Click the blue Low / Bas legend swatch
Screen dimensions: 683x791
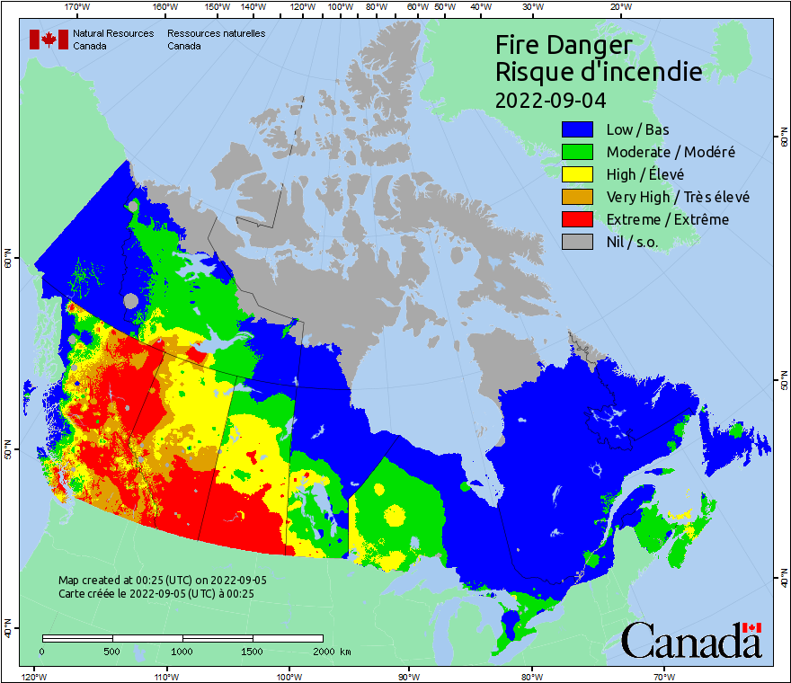click(579, 129)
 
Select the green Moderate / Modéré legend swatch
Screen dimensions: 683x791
click(579, 152)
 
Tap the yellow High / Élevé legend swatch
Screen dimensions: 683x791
click(579, 174)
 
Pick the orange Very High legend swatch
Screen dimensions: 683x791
click(579, 197)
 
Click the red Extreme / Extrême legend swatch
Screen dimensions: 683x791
click(579, 219)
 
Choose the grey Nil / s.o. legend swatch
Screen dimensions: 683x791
click(579, 242)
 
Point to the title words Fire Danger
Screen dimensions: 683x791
click(564, 45)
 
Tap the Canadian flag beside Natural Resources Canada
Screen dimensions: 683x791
click(49, 40)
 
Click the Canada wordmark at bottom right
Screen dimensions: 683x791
click(691, 641)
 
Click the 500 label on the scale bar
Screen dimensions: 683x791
click(112, 651)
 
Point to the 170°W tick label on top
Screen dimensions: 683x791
click(77, 7)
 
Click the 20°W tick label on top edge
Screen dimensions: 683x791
click(618, 7)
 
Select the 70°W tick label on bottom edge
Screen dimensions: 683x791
click(663, 676)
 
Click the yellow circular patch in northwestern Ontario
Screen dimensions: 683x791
click(394, 515)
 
